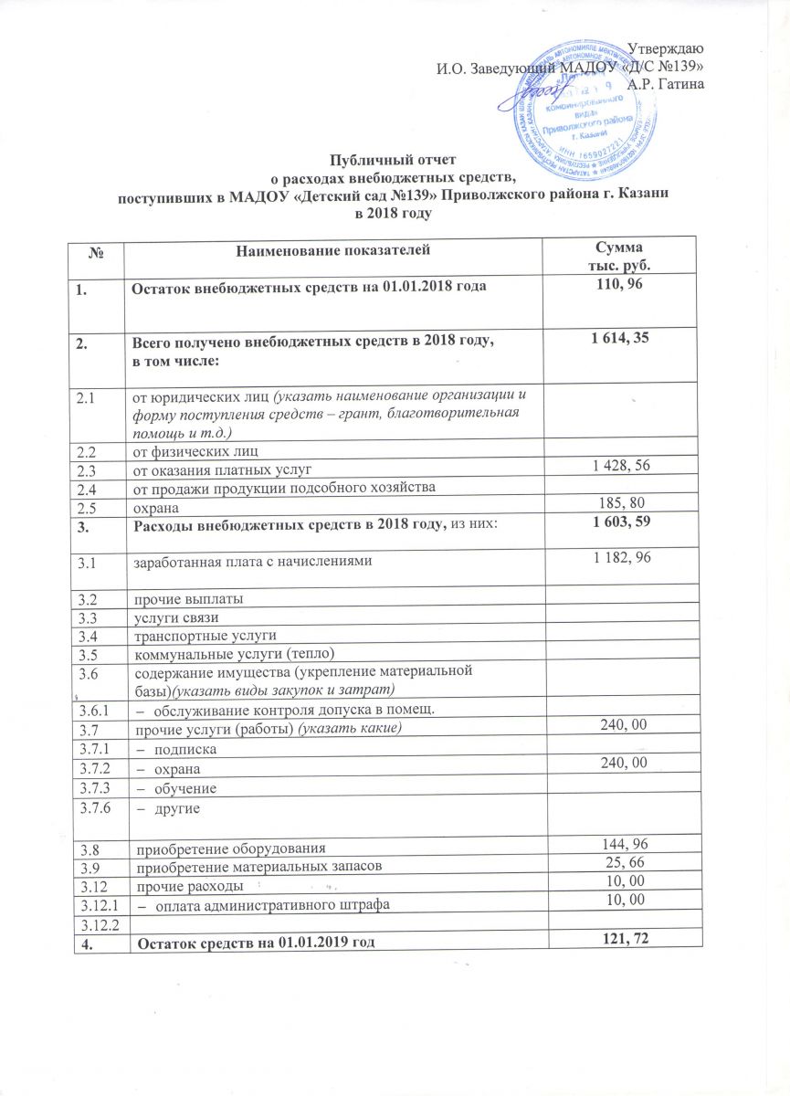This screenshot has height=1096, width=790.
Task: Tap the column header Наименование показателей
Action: point(332,248)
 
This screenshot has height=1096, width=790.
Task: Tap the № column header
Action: point(95,248)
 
